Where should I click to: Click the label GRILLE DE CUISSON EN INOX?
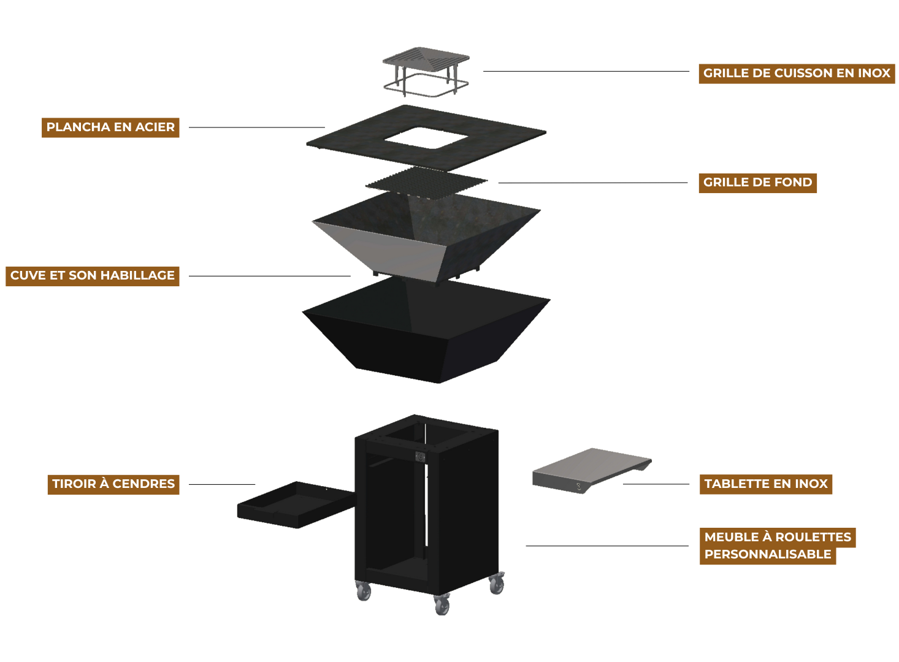[x=797, y=74]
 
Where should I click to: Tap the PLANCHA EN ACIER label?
[x=110, y=127]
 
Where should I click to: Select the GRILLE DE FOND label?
[x=758, y=183]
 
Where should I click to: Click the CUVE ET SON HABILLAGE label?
[x=93, y=276]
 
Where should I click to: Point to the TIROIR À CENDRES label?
[x=113, y=484]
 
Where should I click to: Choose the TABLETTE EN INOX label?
[x=766, y=484]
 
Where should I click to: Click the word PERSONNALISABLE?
[x=768, y=555]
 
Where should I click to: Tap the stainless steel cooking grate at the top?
[x=426, y=72]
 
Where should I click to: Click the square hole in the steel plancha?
[x=426, y=139]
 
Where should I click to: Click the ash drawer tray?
[x=296, y=504]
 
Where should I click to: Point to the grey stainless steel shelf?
[x=591, y=471]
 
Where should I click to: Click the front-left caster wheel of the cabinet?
[x=363, y=592]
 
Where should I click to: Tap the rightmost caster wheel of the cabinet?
[x=497, y=584]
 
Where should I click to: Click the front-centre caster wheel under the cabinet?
[x=442, y=605]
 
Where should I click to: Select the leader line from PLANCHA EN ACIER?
[x=257, y=127]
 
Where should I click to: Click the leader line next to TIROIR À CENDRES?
[x=222, y=485]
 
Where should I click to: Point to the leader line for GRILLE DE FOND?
[x=593, y=183]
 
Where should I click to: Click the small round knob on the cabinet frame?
[x=420, y=457]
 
